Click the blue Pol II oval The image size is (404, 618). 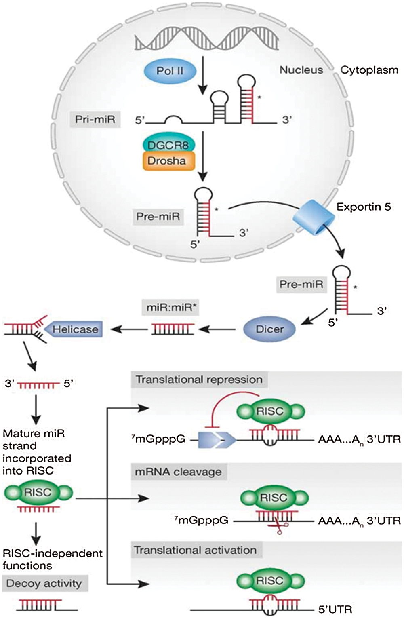point(170,71)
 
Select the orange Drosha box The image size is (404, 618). point(168,161)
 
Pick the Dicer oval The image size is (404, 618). point(269,329)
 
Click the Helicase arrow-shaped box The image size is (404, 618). point(74,329)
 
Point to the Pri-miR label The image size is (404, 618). point(95,120)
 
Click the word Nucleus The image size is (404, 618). point(301,70)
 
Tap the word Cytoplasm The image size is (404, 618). point(370,70)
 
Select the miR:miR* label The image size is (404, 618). point(170,307)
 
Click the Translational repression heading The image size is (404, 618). point(199,380)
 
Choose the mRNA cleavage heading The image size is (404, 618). point(179,472)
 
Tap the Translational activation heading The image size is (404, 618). point(196,550)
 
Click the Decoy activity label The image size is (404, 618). point(44,584)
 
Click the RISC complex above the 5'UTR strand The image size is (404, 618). point(271,580)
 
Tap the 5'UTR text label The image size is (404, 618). point(335,609)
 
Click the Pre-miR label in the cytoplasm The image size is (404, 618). point(301,285)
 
